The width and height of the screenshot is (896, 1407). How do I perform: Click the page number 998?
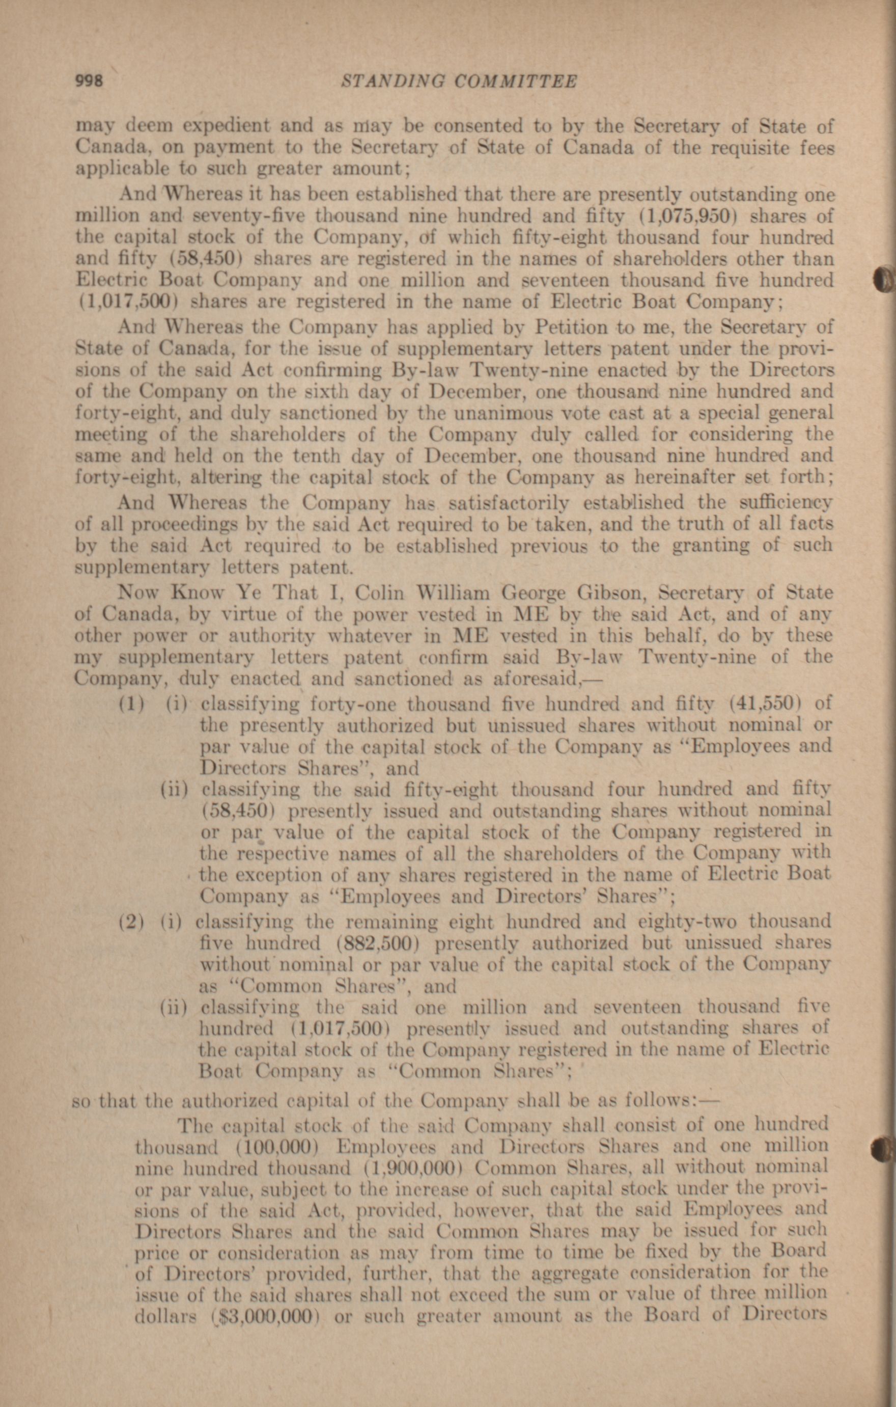tap(90, 81)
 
